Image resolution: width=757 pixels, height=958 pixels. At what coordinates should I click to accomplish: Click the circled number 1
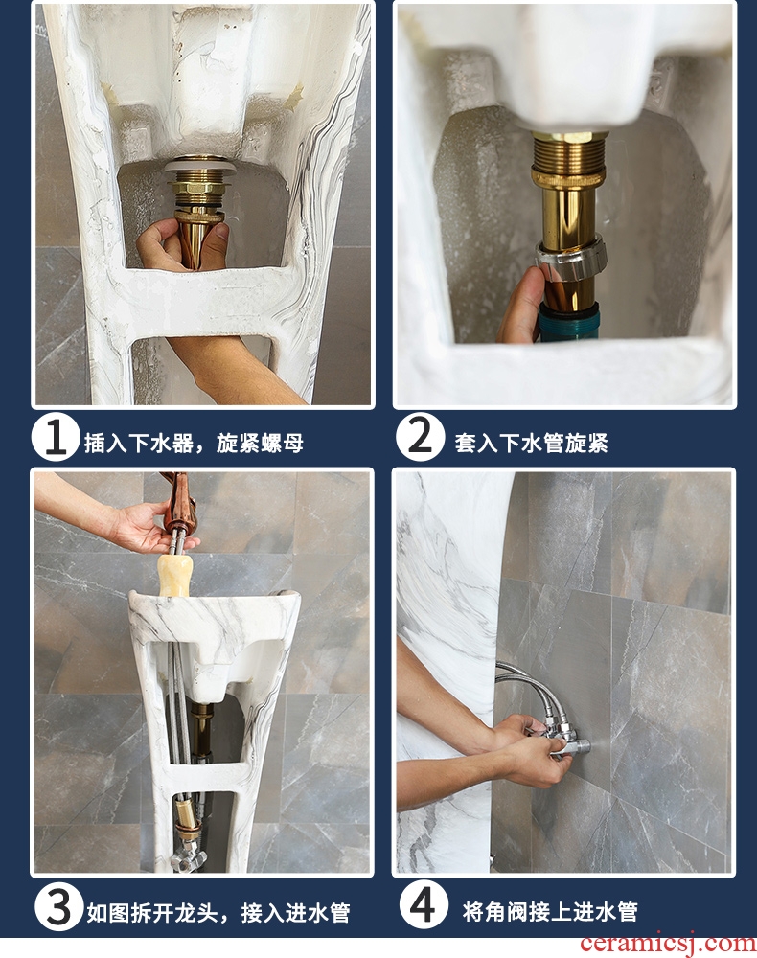click(x=56, y=437)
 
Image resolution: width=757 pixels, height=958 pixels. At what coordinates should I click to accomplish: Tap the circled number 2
click(x=419, y=436)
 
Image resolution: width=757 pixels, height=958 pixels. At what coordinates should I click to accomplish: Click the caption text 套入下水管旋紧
click(x=531, y=443)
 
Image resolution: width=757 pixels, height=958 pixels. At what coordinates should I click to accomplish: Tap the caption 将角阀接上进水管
click(x=550, y=912)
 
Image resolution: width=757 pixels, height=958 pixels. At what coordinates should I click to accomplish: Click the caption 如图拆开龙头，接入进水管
click(x=218, y=913)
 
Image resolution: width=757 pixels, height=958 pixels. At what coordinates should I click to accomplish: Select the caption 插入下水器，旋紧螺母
click(x=194, y=443)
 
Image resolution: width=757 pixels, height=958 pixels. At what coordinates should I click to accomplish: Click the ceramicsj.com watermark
click(x=667, y=943)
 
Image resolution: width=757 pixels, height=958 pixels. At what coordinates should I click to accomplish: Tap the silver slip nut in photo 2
click(x=571, y=260)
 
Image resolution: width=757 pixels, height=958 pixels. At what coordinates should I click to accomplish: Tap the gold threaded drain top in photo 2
click(x=567, y=158)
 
